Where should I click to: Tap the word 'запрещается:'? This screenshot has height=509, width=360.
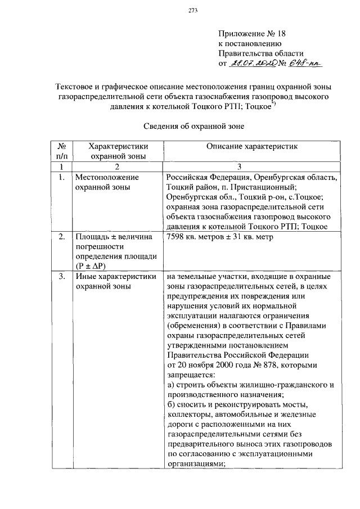point(190,375)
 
